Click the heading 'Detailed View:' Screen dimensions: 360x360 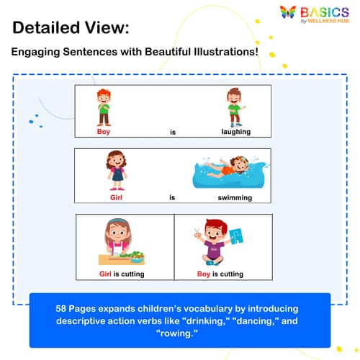(71, 29)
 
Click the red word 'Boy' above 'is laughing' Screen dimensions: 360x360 (104, 132)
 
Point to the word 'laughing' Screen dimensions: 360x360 (235, 132)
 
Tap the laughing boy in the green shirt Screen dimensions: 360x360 (233, 107)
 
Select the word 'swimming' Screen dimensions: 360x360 (235, 197)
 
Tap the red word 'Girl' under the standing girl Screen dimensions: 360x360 (116, 197)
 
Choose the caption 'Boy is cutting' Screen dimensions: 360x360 (220, 274)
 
